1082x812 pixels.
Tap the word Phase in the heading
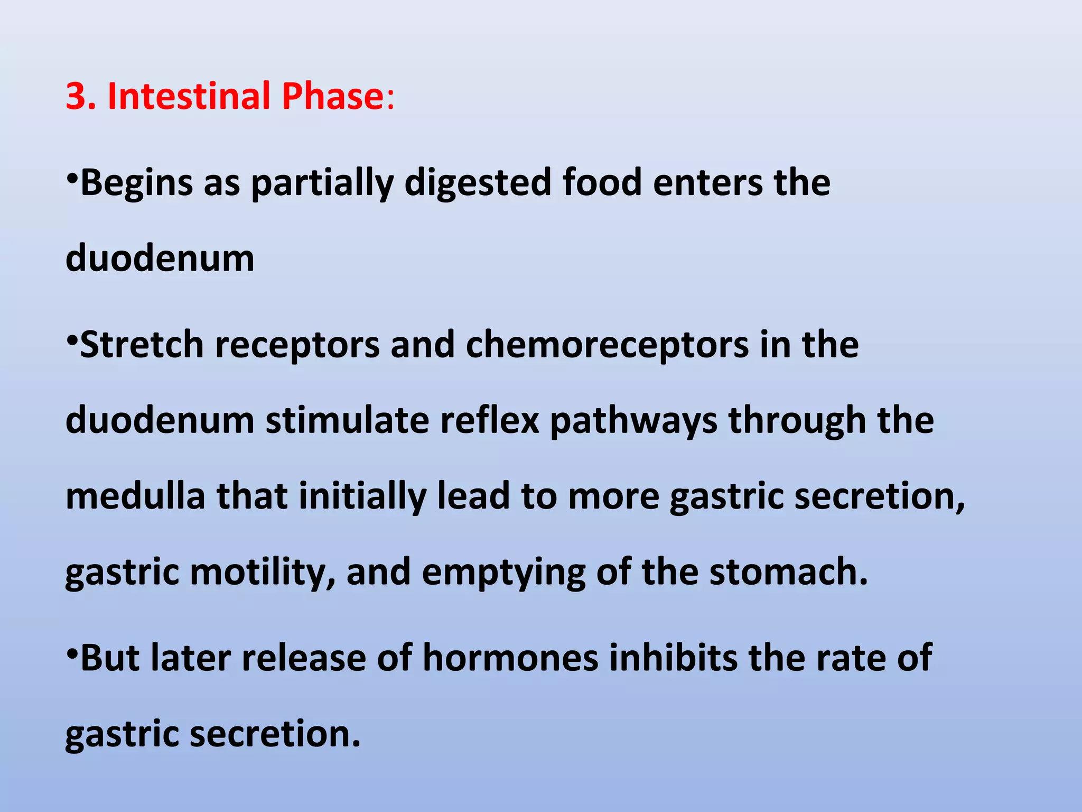pos(332,96)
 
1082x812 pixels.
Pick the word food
pos(602,182)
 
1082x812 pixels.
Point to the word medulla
pos(136,496)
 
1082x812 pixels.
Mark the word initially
pos(362,497)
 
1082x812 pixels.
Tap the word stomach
pos(788,572)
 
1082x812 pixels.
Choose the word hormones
pos(511,659)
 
